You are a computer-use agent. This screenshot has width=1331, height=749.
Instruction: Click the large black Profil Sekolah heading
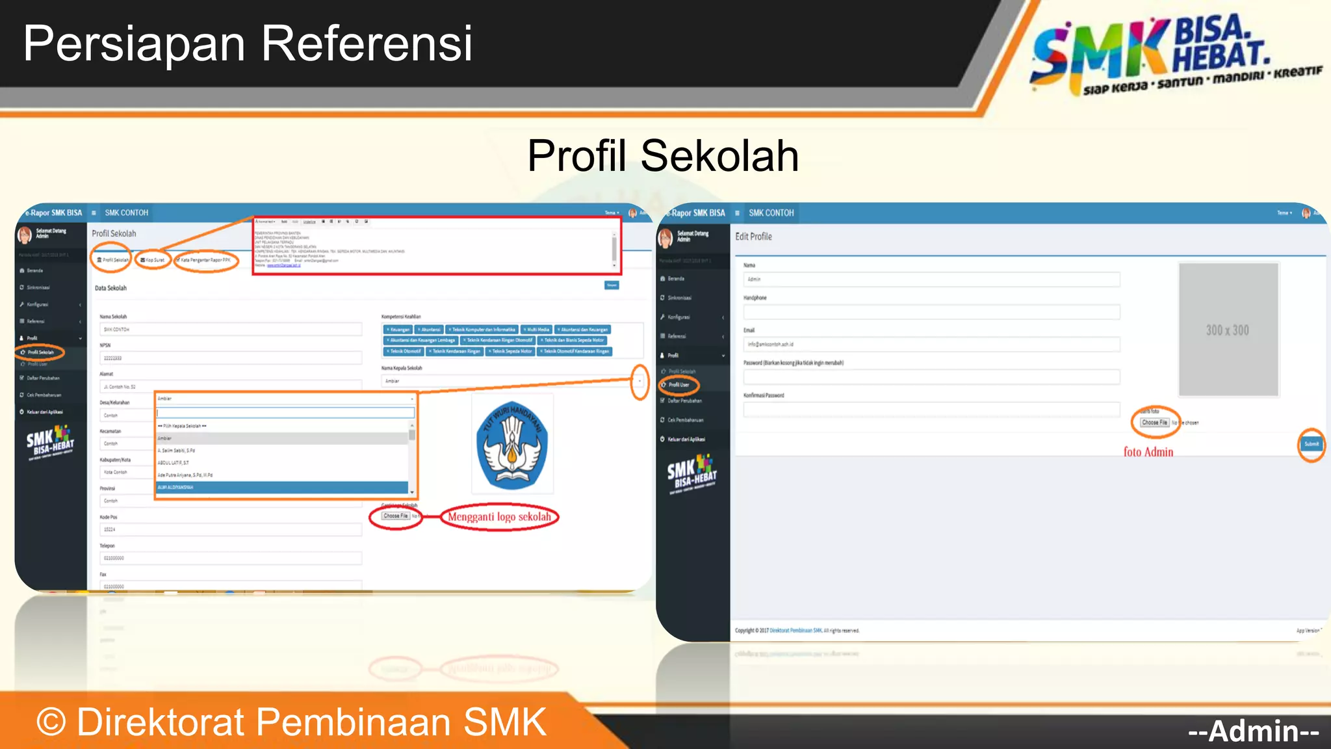point(663,156)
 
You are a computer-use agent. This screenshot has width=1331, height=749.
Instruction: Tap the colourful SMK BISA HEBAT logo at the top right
point(1170,55)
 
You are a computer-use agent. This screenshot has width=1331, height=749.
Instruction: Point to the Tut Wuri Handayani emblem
point(512,445)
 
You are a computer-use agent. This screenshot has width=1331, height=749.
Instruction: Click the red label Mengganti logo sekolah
point(499,518)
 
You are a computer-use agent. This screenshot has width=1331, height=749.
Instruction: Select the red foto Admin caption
point(1148,452)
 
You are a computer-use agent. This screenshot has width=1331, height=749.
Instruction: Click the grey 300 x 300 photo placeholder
point(1228,330)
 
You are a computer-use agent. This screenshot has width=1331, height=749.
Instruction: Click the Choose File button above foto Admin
point(1155,423)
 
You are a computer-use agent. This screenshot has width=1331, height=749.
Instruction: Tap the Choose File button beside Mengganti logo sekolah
point(395,516)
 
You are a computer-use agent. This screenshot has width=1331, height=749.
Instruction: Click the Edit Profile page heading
point(753,237)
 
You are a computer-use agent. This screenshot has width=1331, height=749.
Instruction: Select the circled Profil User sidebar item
point(678,385)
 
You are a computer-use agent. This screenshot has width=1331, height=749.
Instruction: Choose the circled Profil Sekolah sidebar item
point(40,352)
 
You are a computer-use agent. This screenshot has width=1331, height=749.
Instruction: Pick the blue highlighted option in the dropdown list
point(282,487)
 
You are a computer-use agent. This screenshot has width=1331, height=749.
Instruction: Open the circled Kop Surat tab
point(153,260)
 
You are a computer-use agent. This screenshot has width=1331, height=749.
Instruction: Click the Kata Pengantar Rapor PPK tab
point(205,260)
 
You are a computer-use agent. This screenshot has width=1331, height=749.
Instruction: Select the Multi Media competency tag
point(537,330)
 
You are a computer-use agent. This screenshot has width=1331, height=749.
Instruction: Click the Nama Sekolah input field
point(231,330)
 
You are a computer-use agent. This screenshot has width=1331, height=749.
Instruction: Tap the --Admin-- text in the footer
point(1253,731)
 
